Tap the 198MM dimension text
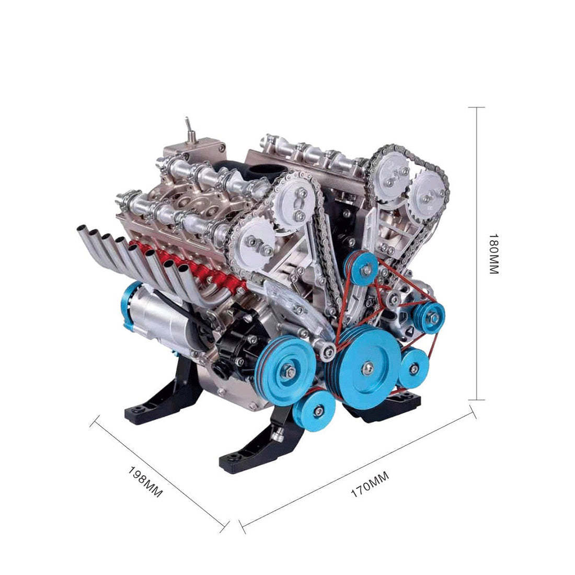(x=145, y=481)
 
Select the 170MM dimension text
(x=370, y=484)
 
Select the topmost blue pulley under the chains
(x=364, y=267)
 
